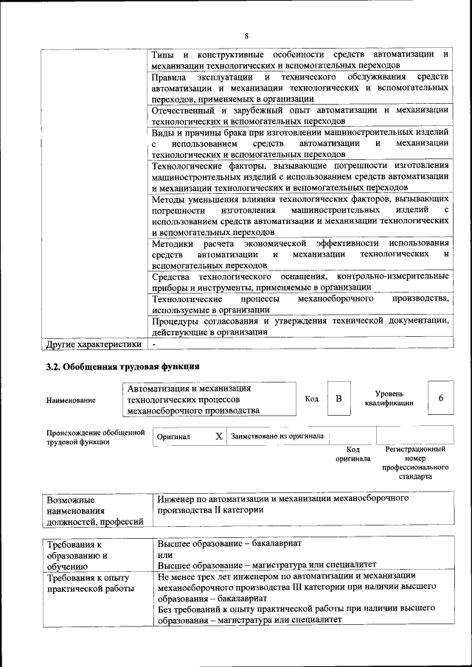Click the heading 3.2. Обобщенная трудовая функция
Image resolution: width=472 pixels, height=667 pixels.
tap(122, 366)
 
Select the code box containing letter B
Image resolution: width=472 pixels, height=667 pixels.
tap(339, 399)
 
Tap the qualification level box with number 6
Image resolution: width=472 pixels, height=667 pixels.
tap(440, 399)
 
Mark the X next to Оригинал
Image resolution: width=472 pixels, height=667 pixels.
tap(218, 436)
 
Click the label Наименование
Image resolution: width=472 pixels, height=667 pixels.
tap(71, 399)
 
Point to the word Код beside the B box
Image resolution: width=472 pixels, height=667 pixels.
tap(311, 399)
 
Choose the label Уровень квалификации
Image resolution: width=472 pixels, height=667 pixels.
tap(388, 398)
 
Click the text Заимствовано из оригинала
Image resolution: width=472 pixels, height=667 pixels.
tap(277, 436)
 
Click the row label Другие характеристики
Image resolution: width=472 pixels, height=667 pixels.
tap(93, 343)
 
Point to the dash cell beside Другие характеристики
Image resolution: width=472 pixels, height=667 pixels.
tap(155, 343)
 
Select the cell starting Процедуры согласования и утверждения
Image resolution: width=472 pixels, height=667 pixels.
tap(299, 326)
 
